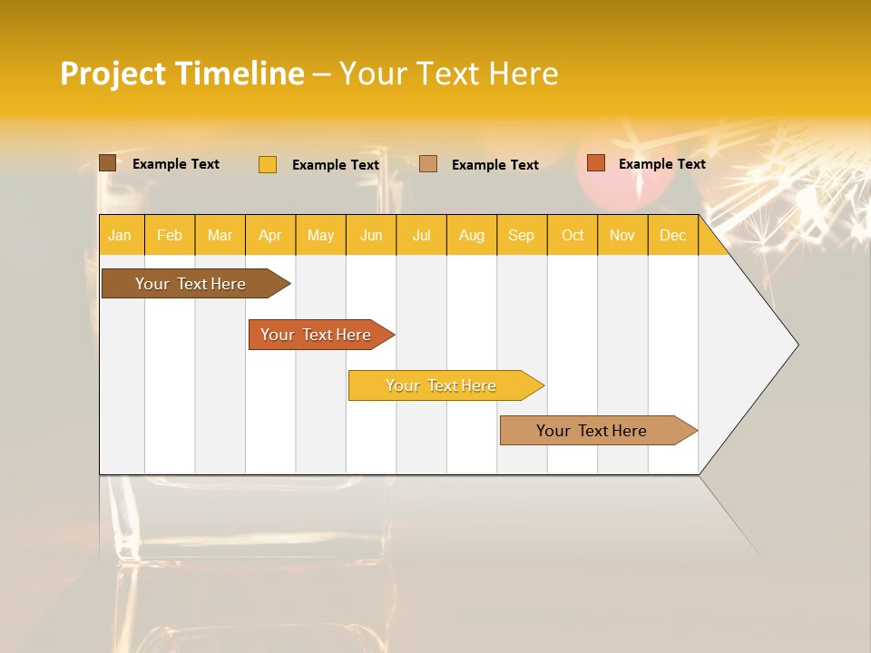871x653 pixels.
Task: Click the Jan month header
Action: pyautogui.click(x=120, y=236)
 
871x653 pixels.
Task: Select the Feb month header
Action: pyautogui.click(x=170, y=236)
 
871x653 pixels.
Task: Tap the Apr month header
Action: pyautogui.click(x=270, y=236)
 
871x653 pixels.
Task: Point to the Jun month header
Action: pyautogui.click(x=371, y=236)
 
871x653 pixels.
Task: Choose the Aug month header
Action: pyautogui.click(x=472, y=236)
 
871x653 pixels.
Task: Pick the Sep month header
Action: pyautogui.click(x=522, y=236)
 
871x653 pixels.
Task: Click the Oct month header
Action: pyautogui.click(x=573, y=236)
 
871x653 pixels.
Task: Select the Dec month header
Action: pyautogui.click(x=673, y=236)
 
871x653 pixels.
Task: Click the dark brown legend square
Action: pyautogui.click(x=108, y=163)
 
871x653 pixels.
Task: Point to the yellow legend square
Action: pyautogui.click(x=268, y=164)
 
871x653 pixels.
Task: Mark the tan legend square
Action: pyautogui.click(x=428, y=164)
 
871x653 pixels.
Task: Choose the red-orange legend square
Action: pyautogui.click(x=596, y=163)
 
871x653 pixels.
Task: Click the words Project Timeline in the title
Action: pyautogui.click(x=181, y=73)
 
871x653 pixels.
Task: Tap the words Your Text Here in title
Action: pyautogui.click(x=448, y=73)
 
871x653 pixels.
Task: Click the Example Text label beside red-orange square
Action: pyautogui.click(x=661, y=164)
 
